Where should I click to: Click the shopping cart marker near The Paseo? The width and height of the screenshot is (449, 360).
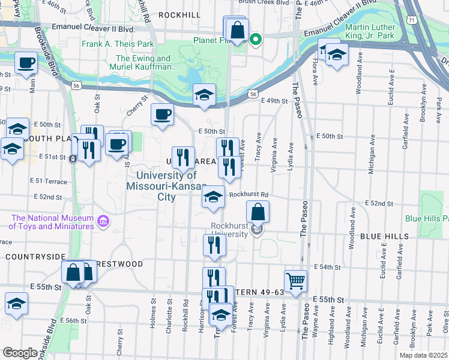[x=295, y=280]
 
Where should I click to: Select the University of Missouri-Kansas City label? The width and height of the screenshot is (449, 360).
[x=166, y=186]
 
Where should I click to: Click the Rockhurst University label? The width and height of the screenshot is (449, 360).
[x=229, y=230]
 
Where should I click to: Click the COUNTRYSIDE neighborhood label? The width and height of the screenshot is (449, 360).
[x=35, y=256]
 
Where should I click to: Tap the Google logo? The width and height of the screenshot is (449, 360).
[x=19, y=353]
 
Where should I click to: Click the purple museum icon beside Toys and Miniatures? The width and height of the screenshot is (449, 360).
[x=103, y=222]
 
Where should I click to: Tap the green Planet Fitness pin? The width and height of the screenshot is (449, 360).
[x=255, y=40]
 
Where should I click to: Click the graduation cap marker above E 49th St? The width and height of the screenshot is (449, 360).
[x=205, y=95]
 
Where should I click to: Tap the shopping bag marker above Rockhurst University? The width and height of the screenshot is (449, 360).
[x=258, y=211]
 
